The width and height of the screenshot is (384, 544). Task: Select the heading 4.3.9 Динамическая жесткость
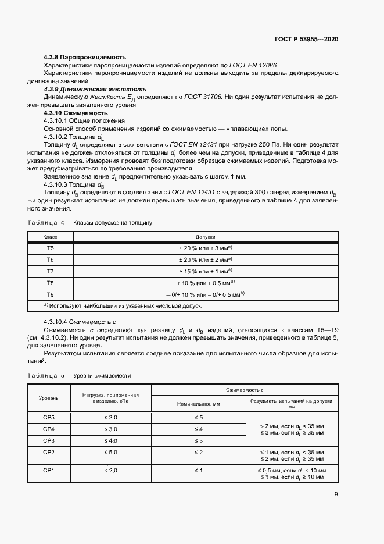(95, 90)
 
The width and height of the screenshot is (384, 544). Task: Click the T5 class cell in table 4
(50, 248)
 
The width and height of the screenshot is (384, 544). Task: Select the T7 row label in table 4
(50, 271)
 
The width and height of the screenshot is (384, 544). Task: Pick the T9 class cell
(50, 294)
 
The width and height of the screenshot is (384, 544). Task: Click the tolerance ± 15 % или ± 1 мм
(206, 271)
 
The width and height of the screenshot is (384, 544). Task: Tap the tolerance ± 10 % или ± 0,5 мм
(206, 283)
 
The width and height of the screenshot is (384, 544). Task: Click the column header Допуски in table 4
(206, 237)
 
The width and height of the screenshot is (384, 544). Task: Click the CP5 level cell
(49, 418)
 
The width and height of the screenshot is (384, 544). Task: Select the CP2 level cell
(49, 452)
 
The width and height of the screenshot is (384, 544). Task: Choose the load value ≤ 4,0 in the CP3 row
(110, 440)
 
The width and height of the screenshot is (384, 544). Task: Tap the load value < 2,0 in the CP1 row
(110, 470)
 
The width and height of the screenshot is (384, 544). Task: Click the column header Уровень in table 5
(49, 397)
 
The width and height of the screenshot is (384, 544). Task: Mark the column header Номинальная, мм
(198, 403)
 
